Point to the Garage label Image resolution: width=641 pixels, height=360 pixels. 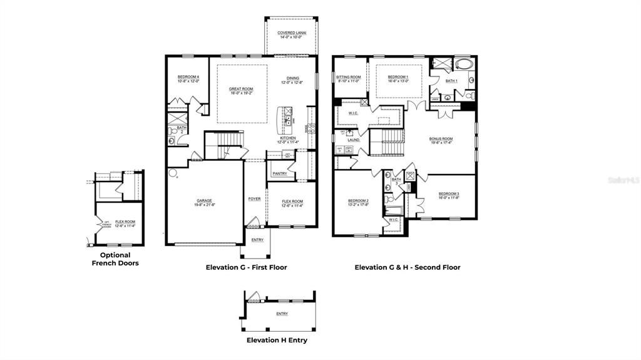204,202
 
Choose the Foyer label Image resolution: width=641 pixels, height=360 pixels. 254,198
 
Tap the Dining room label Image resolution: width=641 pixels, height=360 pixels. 292,80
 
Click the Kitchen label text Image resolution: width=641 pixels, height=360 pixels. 288,138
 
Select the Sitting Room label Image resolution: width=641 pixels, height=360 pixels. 348,78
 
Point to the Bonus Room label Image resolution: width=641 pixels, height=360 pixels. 441,140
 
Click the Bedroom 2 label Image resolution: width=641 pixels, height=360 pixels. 358,202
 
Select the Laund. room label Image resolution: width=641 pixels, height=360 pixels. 354,140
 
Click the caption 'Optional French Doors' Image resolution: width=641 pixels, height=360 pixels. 115,259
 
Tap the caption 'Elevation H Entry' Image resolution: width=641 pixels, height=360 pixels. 276,341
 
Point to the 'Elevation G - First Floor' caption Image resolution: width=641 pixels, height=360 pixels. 246,267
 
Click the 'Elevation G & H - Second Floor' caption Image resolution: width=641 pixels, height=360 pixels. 408,267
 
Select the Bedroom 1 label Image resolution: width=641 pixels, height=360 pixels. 398,78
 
